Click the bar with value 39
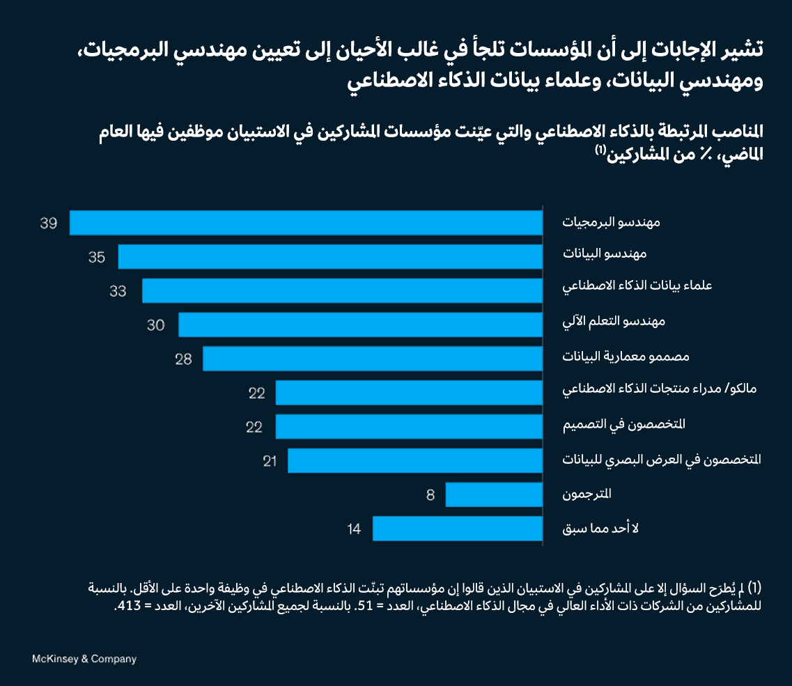coord(306,223)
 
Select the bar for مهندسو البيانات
coord(330,256)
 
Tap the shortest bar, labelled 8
coord(494,494)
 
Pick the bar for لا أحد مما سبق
coord(458,529)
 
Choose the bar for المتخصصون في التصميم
coord(409,426)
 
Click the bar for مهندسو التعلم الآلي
coord(361,325)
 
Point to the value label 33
coord(118,291)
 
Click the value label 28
coord(183,359)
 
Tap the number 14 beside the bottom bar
coord(354,529)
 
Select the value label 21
coord(270,461)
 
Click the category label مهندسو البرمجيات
coord(612,223)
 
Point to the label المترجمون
coord(587,494)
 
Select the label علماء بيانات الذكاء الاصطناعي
coord(628,287)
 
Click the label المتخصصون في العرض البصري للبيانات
coord(662,460)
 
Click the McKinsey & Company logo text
coord(84,658)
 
